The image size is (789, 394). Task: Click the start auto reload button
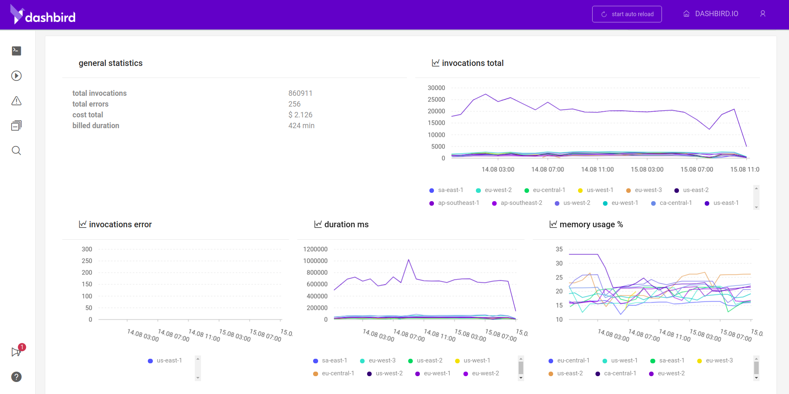click(x=627, y=14)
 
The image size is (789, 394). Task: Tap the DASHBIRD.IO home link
click(x=711, y=14)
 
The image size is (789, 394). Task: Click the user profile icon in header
click(x=762, y=14)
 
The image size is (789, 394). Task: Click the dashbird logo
click(x=43, y=15)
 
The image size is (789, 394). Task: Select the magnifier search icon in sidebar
click(x=16, y=151)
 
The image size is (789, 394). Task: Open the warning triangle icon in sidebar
click(x=16, y=101)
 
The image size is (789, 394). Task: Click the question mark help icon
click(x=16, y=377)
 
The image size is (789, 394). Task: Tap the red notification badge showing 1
click(x=22, y=347)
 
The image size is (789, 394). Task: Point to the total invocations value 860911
click(x=300, y=93)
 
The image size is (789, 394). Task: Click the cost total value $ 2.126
click(x=300, y=115)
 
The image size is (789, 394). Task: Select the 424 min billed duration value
click(x=301, y=126)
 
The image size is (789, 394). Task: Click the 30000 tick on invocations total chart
click(x=436, y=88)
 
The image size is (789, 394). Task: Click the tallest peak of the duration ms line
click(x=409, y=260)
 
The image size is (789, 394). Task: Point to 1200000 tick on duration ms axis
click(x=315, y=249)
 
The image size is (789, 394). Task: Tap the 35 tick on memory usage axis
click(x=559, y=249)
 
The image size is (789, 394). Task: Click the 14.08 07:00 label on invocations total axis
click(x=547, y=169)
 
